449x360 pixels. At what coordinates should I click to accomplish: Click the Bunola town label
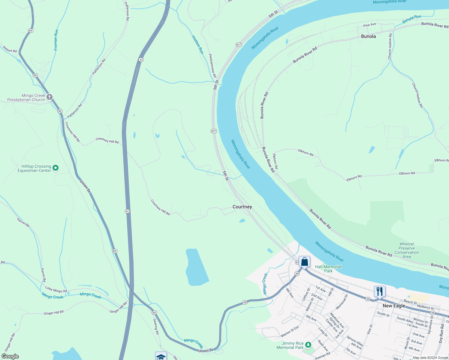click(368, 36)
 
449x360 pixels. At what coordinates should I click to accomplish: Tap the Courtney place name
click(242, 207)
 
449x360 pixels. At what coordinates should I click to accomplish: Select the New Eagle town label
click(394, 306)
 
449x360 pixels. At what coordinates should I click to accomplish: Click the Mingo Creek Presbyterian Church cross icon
click(50, 97)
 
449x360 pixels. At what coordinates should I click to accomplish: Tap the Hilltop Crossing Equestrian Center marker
click(56, 168)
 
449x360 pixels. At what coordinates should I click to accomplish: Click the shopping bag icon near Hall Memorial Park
click(304, 262)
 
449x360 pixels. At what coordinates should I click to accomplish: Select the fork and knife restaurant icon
click(380, 292)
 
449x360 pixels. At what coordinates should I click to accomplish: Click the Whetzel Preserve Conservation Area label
click(407, 250)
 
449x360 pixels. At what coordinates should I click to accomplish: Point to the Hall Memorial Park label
click(328, 269)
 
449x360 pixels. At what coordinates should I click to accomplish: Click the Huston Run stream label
click(198, 45)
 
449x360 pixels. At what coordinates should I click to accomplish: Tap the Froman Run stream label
click(56, 40)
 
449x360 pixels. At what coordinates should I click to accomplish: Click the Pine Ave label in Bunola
click(369, 25)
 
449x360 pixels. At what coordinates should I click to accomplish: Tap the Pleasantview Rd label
click(212, 65)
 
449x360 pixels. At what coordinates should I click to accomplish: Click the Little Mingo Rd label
click(56, 289)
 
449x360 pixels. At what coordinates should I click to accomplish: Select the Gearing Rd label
click(156, 326)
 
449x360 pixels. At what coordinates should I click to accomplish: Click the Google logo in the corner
click(10, 356)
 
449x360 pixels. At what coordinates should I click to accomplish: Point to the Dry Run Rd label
click(441, 333)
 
